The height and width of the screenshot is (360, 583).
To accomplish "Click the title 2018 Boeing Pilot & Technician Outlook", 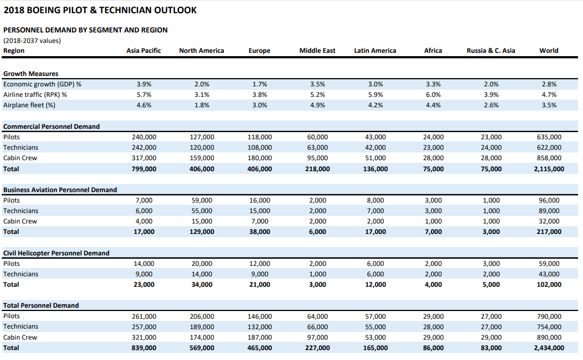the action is coord(100,10).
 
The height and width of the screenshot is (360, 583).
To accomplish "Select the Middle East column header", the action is coord(317,51).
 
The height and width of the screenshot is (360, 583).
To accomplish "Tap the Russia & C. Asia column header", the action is coord(491,51).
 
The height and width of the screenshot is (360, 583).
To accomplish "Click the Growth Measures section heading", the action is coord(31,74).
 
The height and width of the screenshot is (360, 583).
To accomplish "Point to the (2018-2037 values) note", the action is coord(32,41).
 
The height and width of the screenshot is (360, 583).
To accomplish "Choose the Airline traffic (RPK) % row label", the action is coord(35,95).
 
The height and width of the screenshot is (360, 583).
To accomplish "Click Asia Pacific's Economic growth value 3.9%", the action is coord(144,84).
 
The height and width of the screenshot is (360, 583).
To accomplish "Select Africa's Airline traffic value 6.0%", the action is coord(433,95).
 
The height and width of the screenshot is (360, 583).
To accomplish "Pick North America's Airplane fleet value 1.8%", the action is coord(202,105).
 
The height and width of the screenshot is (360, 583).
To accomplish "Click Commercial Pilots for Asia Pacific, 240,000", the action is coord(144,137).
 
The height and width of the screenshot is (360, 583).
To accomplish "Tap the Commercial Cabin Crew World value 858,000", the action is coord(549,158).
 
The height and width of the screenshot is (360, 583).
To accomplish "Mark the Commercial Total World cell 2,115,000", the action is coord(549,168).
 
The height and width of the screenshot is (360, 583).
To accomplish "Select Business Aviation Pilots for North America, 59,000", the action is coord(202,200).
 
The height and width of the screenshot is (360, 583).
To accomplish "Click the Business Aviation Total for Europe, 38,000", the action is coord(260,232).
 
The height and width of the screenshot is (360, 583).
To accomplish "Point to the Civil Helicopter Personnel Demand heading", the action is coord(57,253).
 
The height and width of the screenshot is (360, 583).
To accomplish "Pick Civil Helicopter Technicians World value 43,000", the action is coord(549,274).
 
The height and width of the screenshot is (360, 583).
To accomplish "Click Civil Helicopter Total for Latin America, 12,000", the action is coord(375,285).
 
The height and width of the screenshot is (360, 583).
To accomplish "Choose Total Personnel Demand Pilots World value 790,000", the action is coord(549,317).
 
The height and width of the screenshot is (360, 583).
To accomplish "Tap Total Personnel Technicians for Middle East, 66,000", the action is coord(317,327).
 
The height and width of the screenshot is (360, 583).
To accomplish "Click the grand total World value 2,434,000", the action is coord(549,348).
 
